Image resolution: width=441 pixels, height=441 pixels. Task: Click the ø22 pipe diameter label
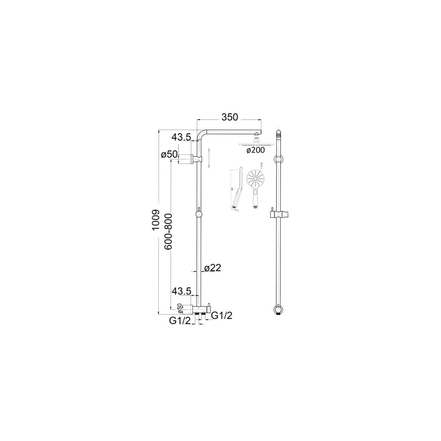pyautogui.click(x=212, y=268)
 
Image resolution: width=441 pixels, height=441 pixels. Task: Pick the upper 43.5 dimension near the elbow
pyautogui.click(x=181, y=137)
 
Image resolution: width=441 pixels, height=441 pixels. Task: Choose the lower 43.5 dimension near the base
pyautogui.click(x=181, y=291)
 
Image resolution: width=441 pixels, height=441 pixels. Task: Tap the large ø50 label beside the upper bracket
pyautogui.click(x=169, y=155)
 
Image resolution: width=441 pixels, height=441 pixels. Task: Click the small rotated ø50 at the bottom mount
pyautogui.click(x=179, y=307)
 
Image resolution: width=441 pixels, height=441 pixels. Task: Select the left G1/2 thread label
pyautogui.click(x=180, y=321)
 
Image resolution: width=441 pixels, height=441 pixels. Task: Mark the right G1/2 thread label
pyautogui.click(x=222, y=315)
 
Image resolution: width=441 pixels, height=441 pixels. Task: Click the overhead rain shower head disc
pyautogui.click(x=256, y=144)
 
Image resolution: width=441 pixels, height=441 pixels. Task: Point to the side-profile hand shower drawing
pyautogui.click(x=236, y=189)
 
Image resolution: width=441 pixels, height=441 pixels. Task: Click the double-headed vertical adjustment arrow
pyautogui.click(x=208, y=158)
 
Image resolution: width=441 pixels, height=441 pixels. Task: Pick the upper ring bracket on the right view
pyautogui.click(x=279, y=159)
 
